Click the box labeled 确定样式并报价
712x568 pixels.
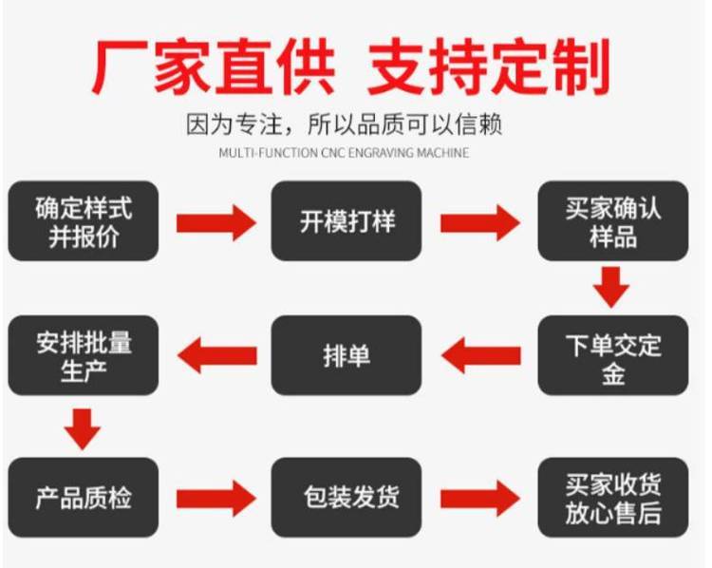pos(84,221)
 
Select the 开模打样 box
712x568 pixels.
pos(347,221)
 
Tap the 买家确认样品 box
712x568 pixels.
pos(612,221)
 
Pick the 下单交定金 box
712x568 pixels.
pos(612,356)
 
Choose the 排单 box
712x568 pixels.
pos(347,356)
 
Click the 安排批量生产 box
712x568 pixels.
pos(84,356)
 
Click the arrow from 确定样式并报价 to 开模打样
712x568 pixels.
pos(215,223)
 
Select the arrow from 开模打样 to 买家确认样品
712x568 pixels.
pos(479,223)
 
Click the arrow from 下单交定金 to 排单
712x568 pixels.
pos(481,356)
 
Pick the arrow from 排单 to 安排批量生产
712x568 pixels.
pos(217,356)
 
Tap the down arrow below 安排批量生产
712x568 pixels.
pos(84,428)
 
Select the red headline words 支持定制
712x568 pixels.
pos(489,66)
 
